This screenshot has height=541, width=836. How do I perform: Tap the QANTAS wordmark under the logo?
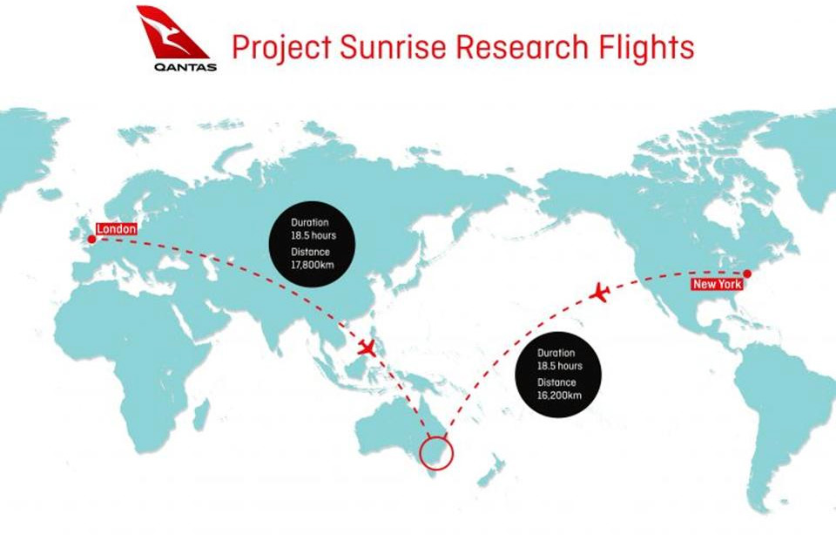tap(185, 67)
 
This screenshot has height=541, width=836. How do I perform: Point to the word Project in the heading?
tap(281, 48)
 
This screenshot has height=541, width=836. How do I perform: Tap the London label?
tap(116, 229)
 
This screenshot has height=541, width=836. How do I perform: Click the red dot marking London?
tap(91, 240)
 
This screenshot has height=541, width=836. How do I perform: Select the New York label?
tap(717, 284)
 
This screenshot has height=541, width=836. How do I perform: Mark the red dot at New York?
tap(747, 274)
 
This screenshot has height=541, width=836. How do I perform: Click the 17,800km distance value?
tap(313, 265)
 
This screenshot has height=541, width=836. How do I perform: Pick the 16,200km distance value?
tap(559, 396)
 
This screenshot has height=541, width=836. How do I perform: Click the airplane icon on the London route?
tap(367, 348)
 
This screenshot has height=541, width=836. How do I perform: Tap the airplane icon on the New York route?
tap(600, 294)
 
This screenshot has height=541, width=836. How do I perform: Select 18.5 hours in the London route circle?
tap(313, 235)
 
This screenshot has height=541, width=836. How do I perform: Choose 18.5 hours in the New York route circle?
tap(560, 366)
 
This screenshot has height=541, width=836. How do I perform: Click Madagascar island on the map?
tap(200, 416)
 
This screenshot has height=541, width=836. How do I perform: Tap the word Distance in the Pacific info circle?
tap(556, 382)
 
